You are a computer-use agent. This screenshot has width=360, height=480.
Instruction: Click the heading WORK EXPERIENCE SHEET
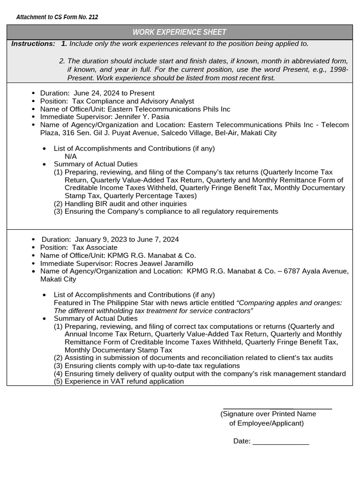coord(180,32)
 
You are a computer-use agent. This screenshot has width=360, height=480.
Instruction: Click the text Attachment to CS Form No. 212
coord(57,17)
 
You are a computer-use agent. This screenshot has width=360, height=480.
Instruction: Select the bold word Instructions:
coord(33,44)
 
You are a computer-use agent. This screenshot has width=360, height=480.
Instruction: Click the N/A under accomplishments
coord(71,156)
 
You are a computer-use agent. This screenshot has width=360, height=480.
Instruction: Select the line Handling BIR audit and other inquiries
coord(125,203)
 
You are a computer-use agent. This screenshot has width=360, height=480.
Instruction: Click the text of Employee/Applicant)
coord(266,423)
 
